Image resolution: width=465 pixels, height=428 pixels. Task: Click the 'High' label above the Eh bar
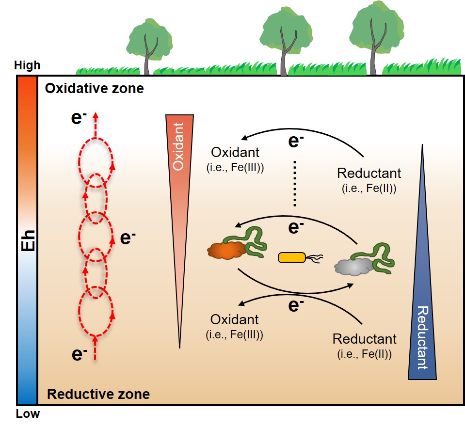pyautogui.click(x=27, y=65)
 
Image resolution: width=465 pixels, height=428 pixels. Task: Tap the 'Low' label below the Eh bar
pyautogui.click(x=27, y=414)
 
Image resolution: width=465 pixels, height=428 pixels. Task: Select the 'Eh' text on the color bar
pyautogui.click(x=27, y=240)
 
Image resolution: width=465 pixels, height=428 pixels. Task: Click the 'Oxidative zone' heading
pyautogui.click(x=94, y=89)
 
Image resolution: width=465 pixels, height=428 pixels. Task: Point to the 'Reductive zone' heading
pyautogui.click(x=98, y=394)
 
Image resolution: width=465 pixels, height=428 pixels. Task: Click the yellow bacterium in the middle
pyautogui.click(x=292, y=257)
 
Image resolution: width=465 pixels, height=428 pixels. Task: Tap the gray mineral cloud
pyautogui.click(x=355, y=267)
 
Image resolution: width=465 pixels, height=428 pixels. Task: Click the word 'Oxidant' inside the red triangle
pyautogui.click(x=179, y=145)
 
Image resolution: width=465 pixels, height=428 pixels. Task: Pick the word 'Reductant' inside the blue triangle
pyautogui.click(x=422, y=337)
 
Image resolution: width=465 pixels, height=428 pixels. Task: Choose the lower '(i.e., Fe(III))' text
pyautogui.click(x=235, y=334)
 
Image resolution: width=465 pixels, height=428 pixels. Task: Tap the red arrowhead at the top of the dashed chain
pyautogui.click(x=96, y=115)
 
